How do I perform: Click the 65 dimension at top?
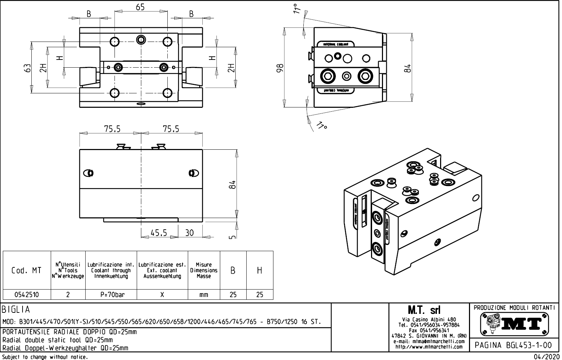coord(140,7)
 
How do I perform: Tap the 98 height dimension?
coord(280,67)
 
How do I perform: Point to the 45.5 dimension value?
coord(159,233)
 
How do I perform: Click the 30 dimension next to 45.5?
coord(190,233)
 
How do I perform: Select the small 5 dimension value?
coord(232,237)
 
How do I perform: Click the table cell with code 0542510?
coord(26,294)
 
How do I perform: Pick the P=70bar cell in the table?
coord(111,294)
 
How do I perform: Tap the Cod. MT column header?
coord(26,271)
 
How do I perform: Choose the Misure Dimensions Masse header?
coord(204,271)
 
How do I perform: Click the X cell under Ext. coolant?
coord(162,294)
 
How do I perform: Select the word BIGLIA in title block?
coord(16,310)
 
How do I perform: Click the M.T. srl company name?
coord(424,310)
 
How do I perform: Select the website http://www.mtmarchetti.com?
coord(429,347)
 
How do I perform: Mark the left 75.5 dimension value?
coord(112,129)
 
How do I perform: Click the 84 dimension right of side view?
coord(407,67)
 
